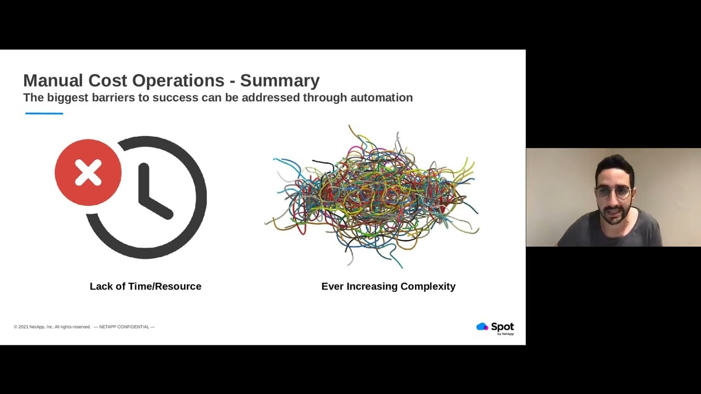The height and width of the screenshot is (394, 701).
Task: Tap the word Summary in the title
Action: pyautogui.click(x=280, y=80)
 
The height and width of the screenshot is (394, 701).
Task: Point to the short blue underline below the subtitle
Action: pyautogui.click(x=44, y=113)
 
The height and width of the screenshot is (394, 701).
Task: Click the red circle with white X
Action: pyautogui.click(x=88, y=173)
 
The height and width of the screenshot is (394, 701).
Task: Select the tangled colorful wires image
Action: pyautogui.click(x=372, y=197)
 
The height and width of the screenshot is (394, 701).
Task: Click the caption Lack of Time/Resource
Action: pyautogui.click(x=145, y=286)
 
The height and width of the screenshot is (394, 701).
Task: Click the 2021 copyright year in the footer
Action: pyautogui.click(x=23, y=327)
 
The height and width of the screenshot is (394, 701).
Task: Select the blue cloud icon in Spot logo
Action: pyautogui.click(x=482, y=327)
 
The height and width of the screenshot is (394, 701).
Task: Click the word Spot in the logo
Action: pyautogui.click(x=502, y=327)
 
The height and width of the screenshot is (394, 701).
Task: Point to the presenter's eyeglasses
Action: pyautogui.click(x=613, y=192)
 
